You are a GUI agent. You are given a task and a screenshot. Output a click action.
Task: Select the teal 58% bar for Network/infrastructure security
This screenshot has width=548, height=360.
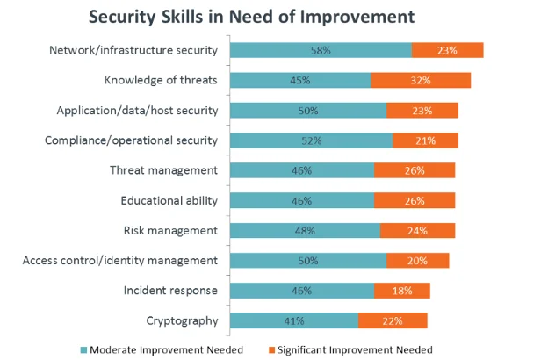click(x=321, y=51)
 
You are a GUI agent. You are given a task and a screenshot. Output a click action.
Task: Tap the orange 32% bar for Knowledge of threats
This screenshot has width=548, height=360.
click(x=421, y=81)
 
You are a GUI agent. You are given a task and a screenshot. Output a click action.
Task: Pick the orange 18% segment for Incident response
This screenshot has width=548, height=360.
click(x=401, y=290)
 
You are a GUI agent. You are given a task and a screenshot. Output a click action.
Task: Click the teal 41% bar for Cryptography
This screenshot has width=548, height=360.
click(x=294, y=320)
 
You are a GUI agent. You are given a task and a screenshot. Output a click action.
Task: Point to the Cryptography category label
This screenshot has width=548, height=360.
click(x=182, y=320)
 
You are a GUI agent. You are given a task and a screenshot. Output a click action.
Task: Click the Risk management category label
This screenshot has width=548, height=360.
click(x=169, y=230)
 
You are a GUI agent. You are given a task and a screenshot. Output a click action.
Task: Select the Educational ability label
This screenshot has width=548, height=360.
click(x=169, y=200)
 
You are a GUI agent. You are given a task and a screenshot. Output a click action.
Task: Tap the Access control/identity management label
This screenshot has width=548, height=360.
click(x=119, y=260)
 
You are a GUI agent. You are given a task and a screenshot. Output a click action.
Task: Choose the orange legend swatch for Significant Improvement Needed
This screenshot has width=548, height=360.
click(x=270, y=349)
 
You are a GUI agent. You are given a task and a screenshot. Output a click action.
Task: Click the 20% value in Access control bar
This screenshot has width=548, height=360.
click(x=417, y=261)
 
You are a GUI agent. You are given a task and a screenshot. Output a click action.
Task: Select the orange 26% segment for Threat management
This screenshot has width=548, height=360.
click(x=415, y=170)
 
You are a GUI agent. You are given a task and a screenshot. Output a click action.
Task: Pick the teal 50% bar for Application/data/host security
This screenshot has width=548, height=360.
click(x=308, y=111)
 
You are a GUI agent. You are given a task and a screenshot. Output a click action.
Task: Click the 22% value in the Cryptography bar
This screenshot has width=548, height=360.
click(x=392, y=320)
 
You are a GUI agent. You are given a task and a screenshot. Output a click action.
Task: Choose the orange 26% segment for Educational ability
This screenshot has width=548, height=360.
click(x=415, y=200)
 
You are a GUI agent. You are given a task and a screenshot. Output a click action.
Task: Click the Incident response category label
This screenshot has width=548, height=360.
click(x=169, y=290)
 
